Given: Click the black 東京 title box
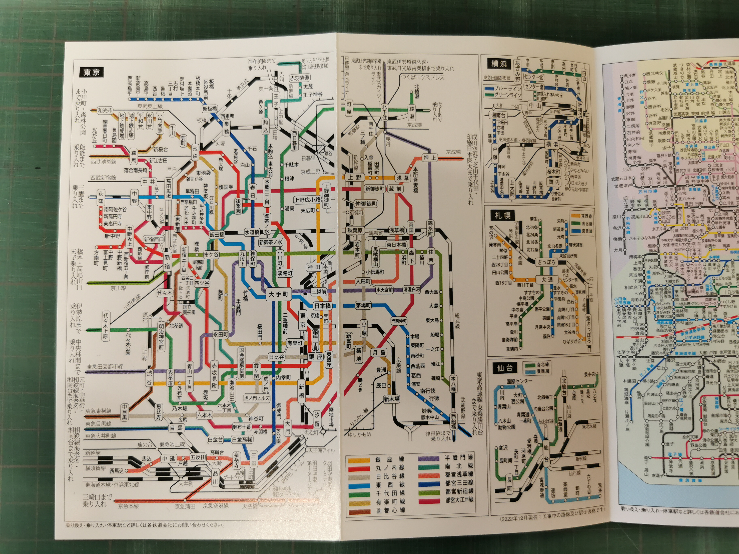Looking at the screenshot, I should point(92,72).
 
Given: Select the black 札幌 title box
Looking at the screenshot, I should point(502,215).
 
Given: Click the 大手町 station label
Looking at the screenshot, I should point(278,294).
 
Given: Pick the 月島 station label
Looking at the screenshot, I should point(379,352).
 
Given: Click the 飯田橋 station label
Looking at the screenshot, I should point(217,234).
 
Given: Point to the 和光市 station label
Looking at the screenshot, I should point(105,111).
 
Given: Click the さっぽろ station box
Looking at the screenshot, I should point(546,262).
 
